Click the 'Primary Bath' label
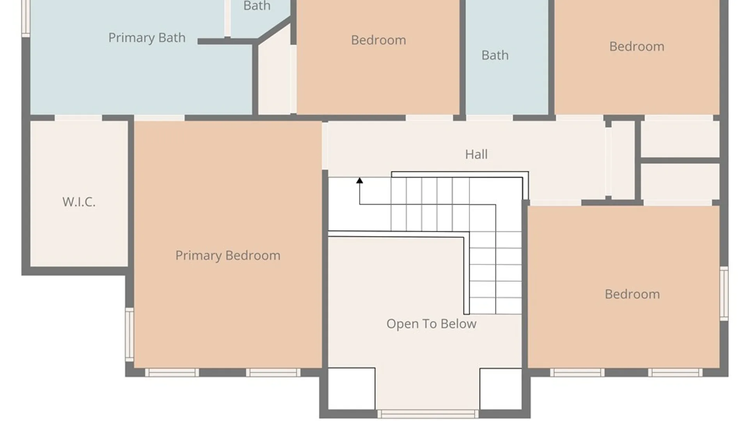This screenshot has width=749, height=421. (x=147, y=38)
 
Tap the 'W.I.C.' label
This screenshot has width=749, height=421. (x=79, y=202)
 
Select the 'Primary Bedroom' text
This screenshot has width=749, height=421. (x=228, y=256)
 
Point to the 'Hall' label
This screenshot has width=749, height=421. (x=476, y=154)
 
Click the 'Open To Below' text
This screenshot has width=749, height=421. (x=431, y=324)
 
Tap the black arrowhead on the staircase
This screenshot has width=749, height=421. (x=360, y=180)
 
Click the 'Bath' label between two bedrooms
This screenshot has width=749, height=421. (x=495, y=55)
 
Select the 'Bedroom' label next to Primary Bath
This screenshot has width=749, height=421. (x=378, y=40)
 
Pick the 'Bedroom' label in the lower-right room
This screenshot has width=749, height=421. (x=632, y=294)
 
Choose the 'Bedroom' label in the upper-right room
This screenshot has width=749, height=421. (x=637, y=46)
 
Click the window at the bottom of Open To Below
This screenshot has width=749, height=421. (x=428, y=414)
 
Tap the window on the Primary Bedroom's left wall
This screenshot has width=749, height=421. (x=130, y=334)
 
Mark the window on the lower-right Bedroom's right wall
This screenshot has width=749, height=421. (x=724, y=294)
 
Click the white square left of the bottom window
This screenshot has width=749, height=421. (x=351, y=389)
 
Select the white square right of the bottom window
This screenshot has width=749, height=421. (x=501, y=389)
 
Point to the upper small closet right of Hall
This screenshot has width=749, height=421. (x=680, y=139)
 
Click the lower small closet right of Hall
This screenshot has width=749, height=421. (x=680, y=182)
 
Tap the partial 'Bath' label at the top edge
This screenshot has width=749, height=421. (x=257, y=6)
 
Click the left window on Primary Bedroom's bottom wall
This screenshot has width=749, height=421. (x=172, y=373)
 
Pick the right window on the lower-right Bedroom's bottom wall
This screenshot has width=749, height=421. (x=676, y=373)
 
